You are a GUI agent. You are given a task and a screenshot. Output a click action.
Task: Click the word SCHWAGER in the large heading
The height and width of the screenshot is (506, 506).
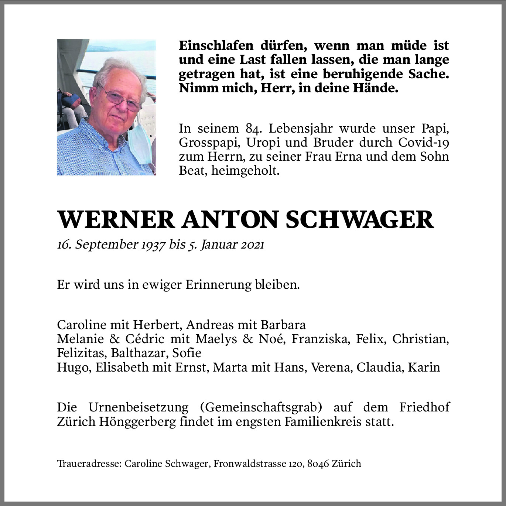[359, 220]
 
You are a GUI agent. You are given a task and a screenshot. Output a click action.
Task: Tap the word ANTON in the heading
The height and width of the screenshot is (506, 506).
[229, 220]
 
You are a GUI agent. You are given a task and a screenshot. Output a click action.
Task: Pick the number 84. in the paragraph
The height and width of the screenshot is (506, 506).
[253, 129]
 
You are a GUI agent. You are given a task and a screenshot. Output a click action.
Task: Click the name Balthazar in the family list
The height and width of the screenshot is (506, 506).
[140, 353]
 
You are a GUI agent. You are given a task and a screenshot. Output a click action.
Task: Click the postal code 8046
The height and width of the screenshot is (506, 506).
[318, 464]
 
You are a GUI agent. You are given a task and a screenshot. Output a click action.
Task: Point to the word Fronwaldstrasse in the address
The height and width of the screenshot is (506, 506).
[249, 464]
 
